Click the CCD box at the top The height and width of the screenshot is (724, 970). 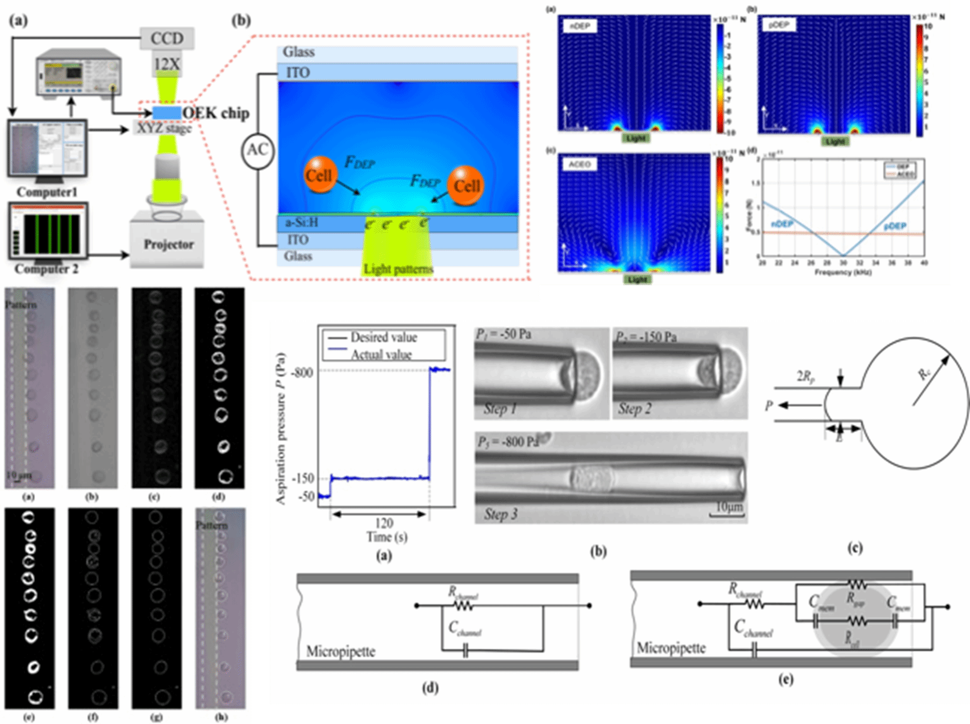point(167,39)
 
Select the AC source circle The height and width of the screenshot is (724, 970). point(258,150)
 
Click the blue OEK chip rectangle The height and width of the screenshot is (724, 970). point(167,113)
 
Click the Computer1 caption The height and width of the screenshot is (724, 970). point(47,192)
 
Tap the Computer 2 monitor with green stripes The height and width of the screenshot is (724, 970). point(48,231)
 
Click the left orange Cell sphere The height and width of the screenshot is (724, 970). point(320,175)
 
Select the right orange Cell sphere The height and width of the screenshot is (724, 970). point(466,185)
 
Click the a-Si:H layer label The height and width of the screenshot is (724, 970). point(302,223)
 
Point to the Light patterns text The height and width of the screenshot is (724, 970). point(399,269)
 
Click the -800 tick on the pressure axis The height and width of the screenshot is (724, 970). point(302,373)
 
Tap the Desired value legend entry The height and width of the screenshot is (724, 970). point(383,337)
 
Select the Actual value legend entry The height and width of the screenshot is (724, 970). point(381,354)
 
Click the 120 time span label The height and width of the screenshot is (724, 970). point(384,523)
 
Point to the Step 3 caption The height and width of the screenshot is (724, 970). point(501,514)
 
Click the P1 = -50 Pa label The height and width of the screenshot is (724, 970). point(504,335)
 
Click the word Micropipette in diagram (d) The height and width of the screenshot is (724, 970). point(341,651)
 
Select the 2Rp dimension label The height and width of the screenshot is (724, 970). point(805,377)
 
